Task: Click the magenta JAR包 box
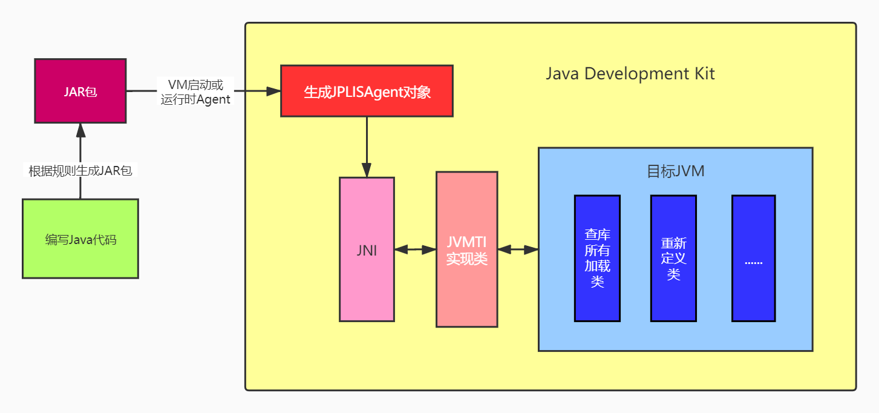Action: tap(80, 91)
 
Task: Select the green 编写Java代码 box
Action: tap(80, 239)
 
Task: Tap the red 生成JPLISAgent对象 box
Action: tap(367, 91)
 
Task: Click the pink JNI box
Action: tap(367, 249)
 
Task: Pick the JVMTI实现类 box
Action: tap(466, 249)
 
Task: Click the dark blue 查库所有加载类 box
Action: tap(597, 257)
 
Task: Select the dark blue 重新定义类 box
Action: tap(673, 257)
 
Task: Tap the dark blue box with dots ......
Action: tap(753, 257)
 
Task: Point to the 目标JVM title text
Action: tap(675, 171)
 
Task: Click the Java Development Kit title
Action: tap(630, 74)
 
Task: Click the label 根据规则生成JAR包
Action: tap(80, 171)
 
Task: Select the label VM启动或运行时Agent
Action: tap(195, 92)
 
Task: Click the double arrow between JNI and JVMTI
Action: tap(415, 249)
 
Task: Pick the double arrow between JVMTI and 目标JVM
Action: tap(518, 249)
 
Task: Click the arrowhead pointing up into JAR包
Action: tap(80, 130)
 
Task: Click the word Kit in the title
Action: tap(703, 74)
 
